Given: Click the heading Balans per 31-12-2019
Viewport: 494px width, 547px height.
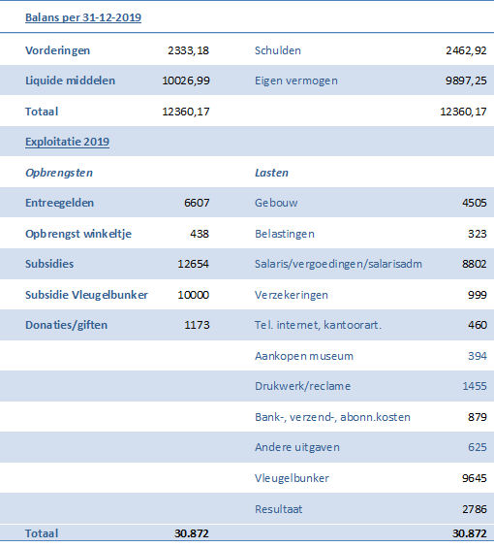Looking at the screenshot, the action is [83, 17].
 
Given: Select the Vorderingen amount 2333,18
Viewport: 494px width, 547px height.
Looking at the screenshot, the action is [189, 50].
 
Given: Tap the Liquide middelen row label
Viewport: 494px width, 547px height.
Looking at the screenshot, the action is [70, 80].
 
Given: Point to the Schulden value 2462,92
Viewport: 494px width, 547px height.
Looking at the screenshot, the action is [466, 50].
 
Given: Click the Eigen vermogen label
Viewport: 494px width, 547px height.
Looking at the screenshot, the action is [296, 80].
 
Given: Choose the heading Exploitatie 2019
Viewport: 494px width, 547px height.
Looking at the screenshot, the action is [67, 142].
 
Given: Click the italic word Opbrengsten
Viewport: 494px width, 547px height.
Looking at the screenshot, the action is [59, 173].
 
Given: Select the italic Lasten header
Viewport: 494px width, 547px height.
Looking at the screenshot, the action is [272, 173].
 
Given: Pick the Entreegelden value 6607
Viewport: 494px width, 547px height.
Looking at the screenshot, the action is [197, 203].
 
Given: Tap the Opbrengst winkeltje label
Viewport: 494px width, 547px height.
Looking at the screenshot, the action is [78, 234].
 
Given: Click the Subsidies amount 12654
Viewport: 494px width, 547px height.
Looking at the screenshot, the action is [194, 264].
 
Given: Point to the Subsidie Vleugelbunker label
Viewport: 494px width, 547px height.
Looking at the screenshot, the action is [86, 295].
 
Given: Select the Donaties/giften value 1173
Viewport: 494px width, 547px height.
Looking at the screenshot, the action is [197, 325].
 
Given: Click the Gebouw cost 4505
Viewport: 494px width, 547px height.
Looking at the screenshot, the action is [474, 203].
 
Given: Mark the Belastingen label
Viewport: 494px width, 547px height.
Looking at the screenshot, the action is [285, 234].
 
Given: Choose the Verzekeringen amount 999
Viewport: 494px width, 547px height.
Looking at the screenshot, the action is [478, 295].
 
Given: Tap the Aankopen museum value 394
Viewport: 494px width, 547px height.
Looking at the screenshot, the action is [478, 356].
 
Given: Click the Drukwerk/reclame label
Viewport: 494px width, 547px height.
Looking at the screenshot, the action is [303, 386].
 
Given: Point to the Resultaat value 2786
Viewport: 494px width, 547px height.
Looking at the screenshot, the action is [474, 509].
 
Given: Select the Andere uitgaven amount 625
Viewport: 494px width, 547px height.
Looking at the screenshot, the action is [478, 447].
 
